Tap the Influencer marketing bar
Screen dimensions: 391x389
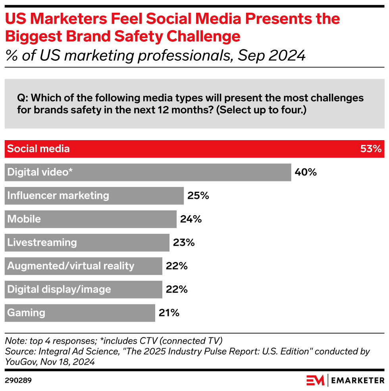click(94, 196)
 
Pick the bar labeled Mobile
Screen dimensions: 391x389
click(91, 219)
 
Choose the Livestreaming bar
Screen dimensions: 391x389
click(87, 243)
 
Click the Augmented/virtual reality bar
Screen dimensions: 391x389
click(83, 266)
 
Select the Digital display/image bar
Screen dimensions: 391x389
click(83, 289)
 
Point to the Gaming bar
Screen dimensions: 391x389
click(80, 313)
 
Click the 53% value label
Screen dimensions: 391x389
click(371, 149)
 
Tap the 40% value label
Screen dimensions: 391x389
click(305, 172)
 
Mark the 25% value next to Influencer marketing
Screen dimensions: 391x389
click(198, 196)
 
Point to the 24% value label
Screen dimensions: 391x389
click(191, 219)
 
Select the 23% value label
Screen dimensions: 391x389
click(184, 243)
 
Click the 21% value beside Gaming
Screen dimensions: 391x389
click(169, 313)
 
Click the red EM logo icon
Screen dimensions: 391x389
click(315, 380)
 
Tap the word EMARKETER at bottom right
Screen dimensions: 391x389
click(358, 380)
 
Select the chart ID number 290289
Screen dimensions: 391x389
click(18, 380)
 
